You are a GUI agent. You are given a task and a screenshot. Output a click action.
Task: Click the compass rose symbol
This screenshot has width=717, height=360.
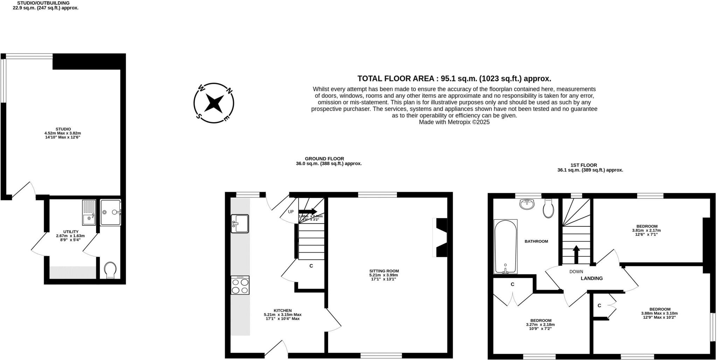click(x=214, y=103)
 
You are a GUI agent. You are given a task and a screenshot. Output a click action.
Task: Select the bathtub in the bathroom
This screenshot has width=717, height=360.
click(x=505, y=247)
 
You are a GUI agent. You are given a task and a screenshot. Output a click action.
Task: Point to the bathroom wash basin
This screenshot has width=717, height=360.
click(x=527, y=204)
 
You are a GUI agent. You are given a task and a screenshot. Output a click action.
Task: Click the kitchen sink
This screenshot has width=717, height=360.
click(x=240, y=224)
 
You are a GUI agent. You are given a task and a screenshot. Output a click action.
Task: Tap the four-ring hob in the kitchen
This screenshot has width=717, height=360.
click(x=240, y=285)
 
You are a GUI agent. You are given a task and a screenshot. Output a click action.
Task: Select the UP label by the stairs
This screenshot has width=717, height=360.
click(x=291, y=212)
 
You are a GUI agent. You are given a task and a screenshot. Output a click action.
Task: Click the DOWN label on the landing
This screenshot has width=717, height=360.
click(x=576, y=271)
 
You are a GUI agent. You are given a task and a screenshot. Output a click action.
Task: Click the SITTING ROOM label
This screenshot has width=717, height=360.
click(x=384, y=271)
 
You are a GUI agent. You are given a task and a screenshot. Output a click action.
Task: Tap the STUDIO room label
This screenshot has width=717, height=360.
click(x=63, y=129)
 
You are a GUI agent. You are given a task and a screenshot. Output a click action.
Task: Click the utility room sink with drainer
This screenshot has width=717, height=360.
click(x=89, y=212)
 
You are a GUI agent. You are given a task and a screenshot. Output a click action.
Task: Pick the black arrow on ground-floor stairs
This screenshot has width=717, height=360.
click(x=308, y=211)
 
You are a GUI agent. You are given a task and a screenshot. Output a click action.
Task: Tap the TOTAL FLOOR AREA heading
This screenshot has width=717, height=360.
click(x=454, y=78)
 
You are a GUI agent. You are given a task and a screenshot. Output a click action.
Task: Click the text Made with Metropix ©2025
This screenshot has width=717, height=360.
click(x=454, y=122)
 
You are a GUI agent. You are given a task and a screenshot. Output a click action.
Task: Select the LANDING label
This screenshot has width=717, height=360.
click(x=592, y=278)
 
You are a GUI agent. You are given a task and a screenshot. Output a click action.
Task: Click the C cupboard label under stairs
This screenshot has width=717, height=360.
click(x=311, y=266)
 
